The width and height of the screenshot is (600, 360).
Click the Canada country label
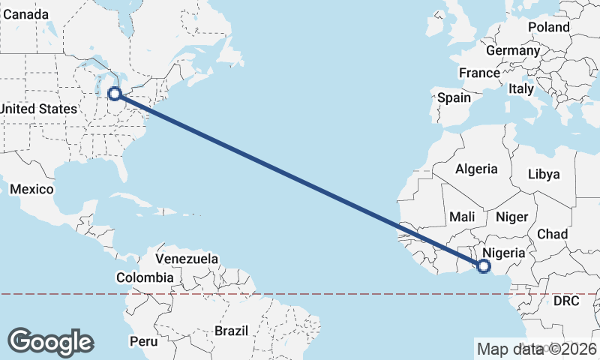25,15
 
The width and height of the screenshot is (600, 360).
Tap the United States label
37,109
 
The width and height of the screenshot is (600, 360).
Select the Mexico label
31,189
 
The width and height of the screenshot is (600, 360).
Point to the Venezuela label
187,259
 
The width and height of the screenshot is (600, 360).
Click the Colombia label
145,277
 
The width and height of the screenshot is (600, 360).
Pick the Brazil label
230,331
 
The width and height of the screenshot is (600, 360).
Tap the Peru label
143,341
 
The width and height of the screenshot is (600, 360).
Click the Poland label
548,27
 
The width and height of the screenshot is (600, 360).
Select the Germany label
512,51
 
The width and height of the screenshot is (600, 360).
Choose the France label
479,73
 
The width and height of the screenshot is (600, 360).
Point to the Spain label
454,97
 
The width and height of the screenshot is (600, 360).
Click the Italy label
520,88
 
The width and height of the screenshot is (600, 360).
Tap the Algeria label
477,169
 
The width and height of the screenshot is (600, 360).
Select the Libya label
544,174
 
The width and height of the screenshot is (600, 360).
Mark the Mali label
463,217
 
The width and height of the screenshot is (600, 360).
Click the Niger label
512,217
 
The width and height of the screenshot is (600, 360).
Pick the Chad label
552,234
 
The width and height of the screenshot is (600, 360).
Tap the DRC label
566,301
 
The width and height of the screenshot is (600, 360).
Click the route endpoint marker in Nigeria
484,265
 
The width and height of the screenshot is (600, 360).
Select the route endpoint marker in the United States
115,93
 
